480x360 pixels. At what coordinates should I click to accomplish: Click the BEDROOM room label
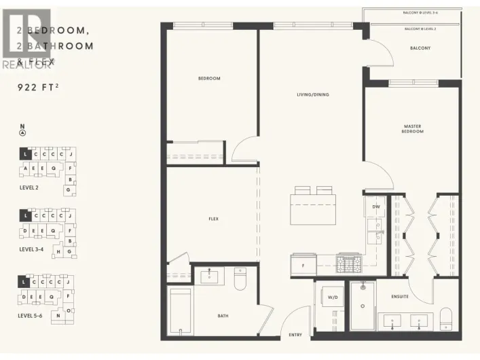[209, 79]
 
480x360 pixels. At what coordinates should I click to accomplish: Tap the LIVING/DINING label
[312, 94]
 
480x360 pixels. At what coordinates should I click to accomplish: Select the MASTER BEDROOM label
[413, 128]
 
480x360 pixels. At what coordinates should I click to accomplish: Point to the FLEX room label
[213, 219]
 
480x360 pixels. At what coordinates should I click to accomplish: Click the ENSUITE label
[401, 296]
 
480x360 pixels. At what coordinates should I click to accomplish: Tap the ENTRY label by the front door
[295, 334]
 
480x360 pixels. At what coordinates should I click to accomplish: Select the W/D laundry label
[333, 297]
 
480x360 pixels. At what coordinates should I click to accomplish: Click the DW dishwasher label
[375, 206]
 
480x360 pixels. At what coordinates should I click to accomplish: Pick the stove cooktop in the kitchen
[350, 260]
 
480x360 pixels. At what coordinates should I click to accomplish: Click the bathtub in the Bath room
[180, 312]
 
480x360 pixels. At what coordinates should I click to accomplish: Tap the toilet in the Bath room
[240, 279]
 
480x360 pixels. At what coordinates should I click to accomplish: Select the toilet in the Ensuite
[446, 317]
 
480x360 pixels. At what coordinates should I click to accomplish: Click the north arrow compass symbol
[22, 132]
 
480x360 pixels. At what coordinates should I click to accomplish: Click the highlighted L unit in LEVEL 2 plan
[24, 155]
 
